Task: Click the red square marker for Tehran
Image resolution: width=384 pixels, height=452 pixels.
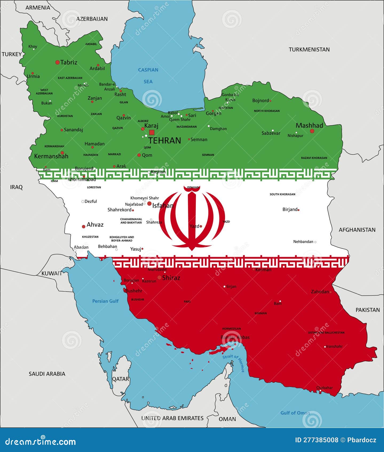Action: pyautogui.click(x=152, y=132)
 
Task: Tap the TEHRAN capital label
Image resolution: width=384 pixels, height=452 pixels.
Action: pyautogui.click(x=164, y=140)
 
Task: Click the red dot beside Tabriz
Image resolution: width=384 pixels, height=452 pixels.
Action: pyautogui.click(x=57, y=62)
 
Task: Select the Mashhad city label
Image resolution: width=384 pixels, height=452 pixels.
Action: pyautogui.click(x=309, y=125)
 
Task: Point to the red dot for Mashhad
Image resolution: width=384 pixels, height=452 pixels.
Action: pyautogui.click(x=312, y=131)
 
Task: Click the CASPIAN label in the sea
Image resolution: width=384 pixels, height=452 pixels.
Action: pyautogui.click(x=148, y=70)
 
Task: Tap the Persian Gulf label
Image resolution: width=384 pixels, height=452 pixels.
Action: pyautogui.click(x=105, y=301)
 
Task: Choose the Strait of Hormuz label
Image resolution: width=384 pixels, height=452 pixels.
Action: pyautogui.click(x=233, y=363)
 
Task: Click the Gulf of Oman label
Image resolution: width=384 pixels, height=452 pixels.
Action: pyautogui.click(x=295, y=413)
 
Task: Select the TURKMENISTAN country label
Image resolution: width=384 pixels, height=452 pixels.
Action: pyautogui.click(x=309, y=49)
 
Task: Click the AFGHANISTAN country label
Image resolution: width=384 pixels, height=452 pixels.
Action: pyautogui.click(x=357, y=230)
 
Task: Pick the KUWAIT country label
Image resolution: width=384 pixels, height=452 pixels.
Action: pyautogui.click(x=52, y=273)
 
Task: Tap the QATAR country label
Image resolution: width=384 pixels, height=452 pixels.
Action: pyautogui.click(x=120, y=379)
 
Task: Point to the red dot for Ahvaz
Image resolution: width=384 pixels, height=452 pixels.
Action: pyautogui.click(x=84, y=227)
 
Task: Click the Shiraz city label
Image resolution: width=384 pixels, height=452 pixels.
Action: pyautogui.click(x=171, y=278)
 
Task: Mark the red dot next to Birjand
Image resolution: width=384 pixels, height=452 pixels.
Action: pyautogui.click(x=298, y=210)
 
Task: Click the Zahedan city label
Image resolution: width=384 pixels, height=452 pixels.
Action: pyautogui.click(x=320, y=292)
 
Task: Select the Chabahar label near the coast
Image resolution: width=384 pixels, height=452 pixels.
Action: pyautogui.click(x=324, y=388)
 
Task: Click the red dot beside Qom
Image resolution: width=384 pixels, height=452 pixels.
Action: pyautogui.click(x=139, y=155)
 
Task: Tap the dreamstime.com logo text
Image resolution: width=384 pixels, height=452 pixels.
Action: pyautogui.click(x=41, y=442)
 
